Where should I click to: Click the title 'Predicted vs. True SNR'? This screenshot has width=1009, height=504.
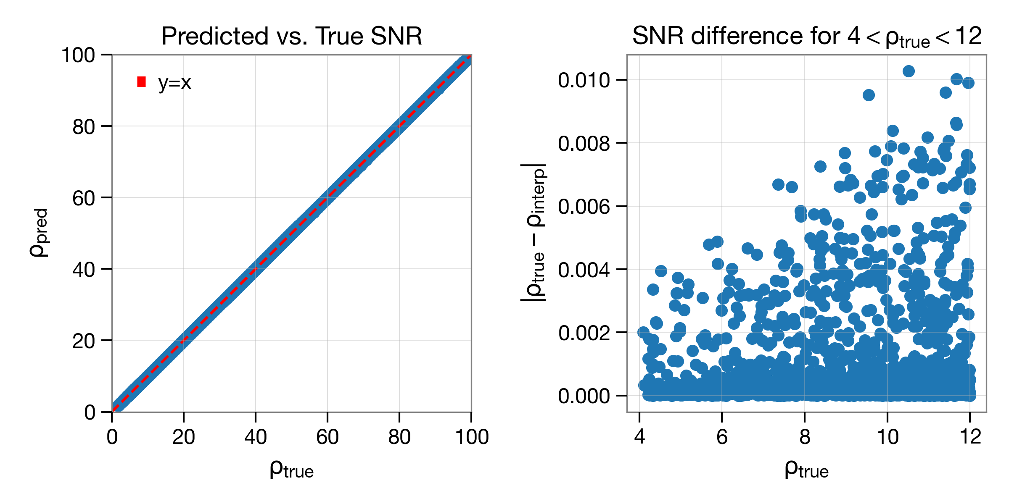pyautogui.click(x=291, y=36)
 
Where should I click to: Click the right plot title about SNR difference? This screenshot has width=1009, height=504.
pyautogui.click(x=807, y=37)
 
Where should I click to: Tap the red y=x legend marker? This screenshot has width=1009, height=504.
pyautogui.click(x=142, y=82)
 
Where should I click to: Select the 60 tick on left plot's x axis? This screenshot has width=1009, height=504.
pyautogui.click(x=328, y=437)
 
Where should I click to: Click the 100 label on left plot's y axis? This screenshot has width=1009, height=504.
pyautogui.click(x=79, y=55)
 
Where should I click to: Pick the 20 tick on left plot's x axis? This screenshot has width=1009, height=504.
pyautogui.click(x=184, y=437)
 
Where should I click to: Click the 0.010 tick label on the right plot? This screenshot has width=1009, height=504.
pyautogui.click(x=584, y=80)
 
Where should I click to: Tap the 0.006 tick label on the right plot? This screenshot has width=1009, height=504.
pyautogui.click(x=584, y=207)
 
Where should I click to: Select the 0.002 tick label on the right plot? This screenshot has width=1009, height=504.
pyautogui.click(x=584, y=333)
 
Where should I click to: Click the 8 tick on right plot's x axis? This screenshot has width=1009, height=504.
pyautogui.click(x=805, y=437)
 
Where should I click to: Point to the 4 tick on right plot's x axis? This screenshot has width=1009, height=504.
pyautogui.click(x=639, y=437)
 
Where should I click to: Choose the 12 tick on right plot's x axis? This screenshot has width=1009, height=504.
pyautogui.click(x=970, y=437)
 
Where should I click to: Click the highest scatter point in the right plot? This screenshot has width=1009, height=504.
pyautogui.click(x=909, y=71)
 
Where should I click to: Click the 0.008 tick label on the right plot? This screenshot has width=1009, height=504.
pyautogui.click(x=584, y=144)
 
